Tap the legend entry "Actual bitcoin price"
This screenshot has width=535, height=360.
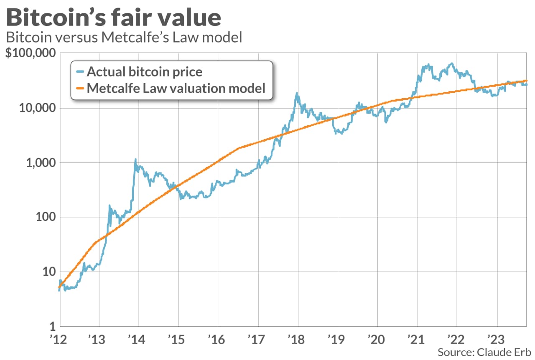point(144,72)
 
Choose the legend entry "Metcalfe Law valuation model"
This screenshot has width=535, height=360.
point(176,88)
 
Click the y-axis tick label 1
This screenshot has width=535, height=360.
point(52,326)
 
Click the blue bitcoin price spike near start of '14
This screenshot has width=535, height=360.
point(135,160)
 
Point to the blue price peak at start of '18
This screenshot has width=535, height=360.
point(297,94)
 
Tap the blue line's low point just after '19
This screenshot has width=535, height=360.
point(341,133)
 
